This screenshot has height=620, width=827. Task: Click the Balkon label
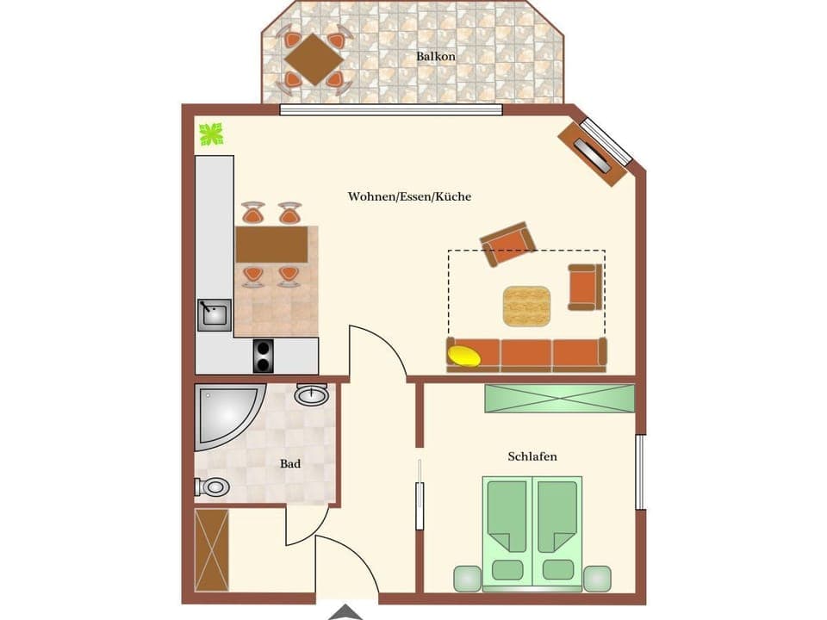pyautogui.click(x=435, y=56)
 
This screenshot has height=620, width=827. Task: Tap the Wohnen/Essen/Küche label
pyautogui.click(x=409, y=196)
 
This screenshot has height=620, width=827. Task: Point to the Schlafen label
pyautogui.click(x=532, y=456)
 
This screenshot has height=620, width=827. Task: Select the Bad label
pyautogui.click(x=290, y=463)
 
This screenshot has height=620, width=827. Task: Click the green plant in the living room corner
pyautogui.click(x=211, y=133)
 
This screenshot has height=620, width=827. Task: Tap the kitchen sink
pyautogui.click(x=214, y=314)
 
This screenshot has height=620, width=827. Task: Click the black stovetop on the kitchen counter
pyautogui.click(x=264, y=356)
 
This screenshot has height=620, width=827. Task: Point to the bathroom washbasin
pyautogui.click(x=311, y=394)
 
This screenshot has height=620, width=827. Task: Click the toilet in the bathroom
pyautogui.click(x=213, y=487)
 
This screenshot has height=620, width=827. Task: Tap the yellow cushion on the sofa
pyautogui.click(x=465, y=356)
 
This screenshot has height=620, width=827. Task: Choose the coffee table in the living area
pyautogui.click(x=526, y=306)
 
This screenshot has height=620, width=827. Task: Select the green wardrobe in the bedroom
pyautogui.click(x=559, y=398)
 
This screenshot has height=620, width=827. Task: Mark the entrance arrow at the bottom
pyautogui.click(x=346, y=612)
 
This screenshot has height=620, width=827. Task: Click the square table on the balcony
pyautogui.click(x=314, y=59)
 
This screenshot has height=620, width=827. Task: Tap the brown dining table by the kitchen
pyautogui.click(x=271, y=244)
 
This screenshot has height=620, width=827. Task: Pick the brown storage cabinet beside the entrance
pyautogui.click(x=212, y=549)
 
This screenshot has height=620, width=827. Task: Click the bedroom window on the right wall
pyautogui.click(x=640, y=472)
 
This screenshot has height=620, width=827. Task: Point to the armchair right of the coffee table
pyautogui.click(x=584, y=287)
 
